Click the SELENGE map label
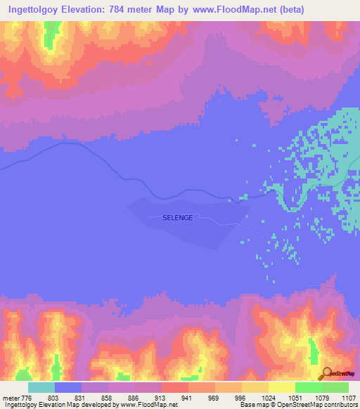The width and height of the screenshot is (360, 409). click(177, 218)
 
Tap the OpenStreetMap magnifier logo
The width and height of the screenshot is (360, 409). click(327, 372)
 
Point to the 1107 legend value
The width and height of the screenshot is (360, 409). click(347, 398)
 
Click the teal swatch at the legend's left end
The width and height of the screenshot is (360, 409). click(41, 387)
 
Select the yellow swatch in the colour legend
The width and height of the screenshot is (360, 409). click(281, 387)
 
